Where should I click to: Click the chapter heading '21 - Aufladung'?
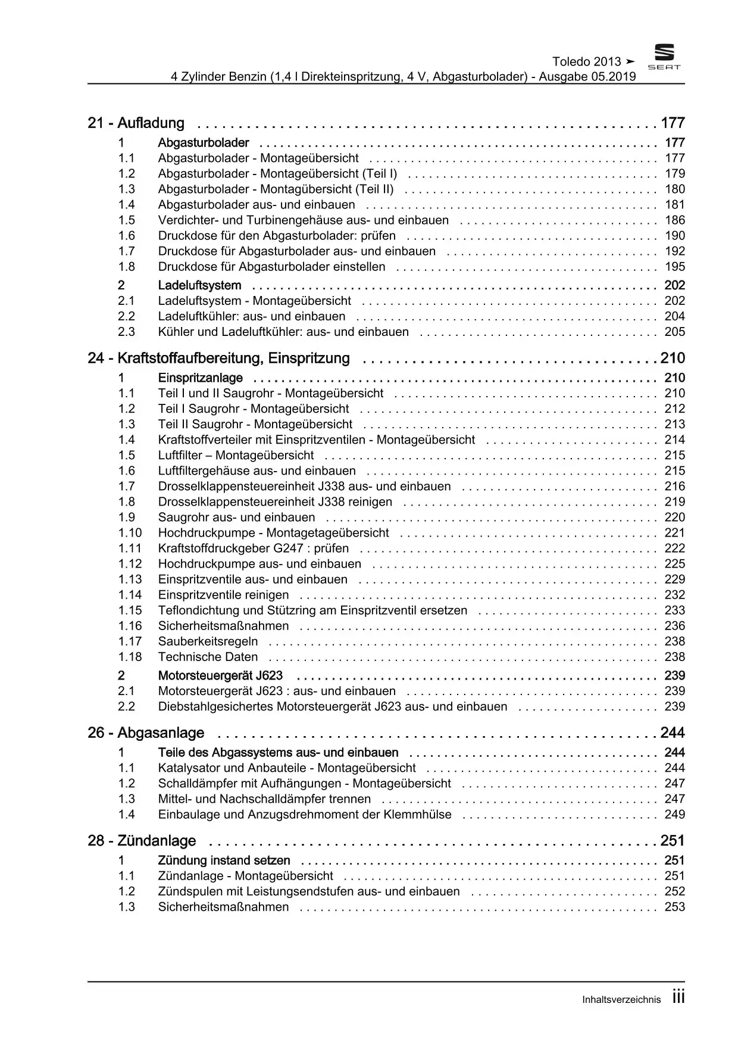pos(136,123)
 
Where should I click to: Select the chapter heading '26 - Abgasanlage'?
pos(146,733)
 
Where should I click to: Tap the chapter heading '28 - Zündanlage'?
pos(142,841)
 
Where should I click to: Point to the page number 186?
pos(675,220)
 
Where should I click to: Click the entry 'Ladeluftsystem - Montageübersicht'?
pos(254,301)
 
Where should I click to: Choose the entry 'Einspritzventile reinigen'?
pos(223,595)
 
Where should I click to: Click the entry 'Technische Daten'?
pos(208,657)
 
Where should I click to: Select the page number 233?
pos(675,610)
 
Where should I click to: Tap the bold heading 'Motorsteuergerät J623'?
pos(220,675)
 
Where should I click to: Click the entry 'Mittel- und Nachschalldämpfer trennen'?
pos(264,799)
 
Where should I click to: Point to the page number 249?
pos(675,815)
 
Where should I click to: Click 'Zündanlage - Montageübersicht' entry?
pos(245,876)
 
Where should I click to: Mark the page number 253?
pos(675,907)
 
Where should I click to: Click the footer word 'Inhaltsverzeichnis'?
pos(621,1000)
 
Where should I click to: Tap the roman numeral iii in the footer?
pos(678,998)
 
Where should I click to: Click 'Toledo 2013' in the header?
pos(587,62)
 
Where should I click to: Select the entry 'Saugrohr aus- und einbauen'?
pos(236,518)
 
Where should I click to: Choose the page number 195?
pos(675,267)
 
